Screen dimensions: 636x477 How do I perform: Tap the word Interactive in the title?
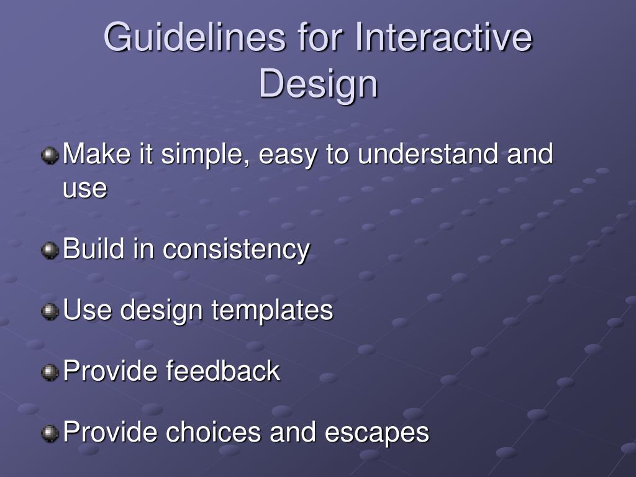tap(443, 37)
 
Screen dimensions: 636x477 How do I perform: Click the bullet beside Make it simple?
tap(50, 155)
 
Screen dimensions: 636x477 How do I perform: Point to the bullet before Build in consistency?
tap(50, 250)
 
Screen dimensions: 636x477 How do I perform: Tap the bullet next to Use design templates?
tap(50, 311)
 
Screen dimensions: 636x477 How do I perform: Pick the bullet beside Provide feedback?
tap(50, 373)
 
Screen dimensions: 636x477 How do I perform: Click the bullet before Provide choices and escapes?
tap(50, 433)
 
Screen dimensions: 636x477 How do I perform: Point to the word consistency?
tap(237, 250)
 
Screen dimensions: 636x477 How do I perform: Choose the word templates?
tap(272, 311)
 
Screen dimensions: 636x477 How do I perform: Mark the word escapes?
tap(377, 433)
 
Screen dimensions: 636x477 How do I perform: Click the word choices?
tap(214, 432)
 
